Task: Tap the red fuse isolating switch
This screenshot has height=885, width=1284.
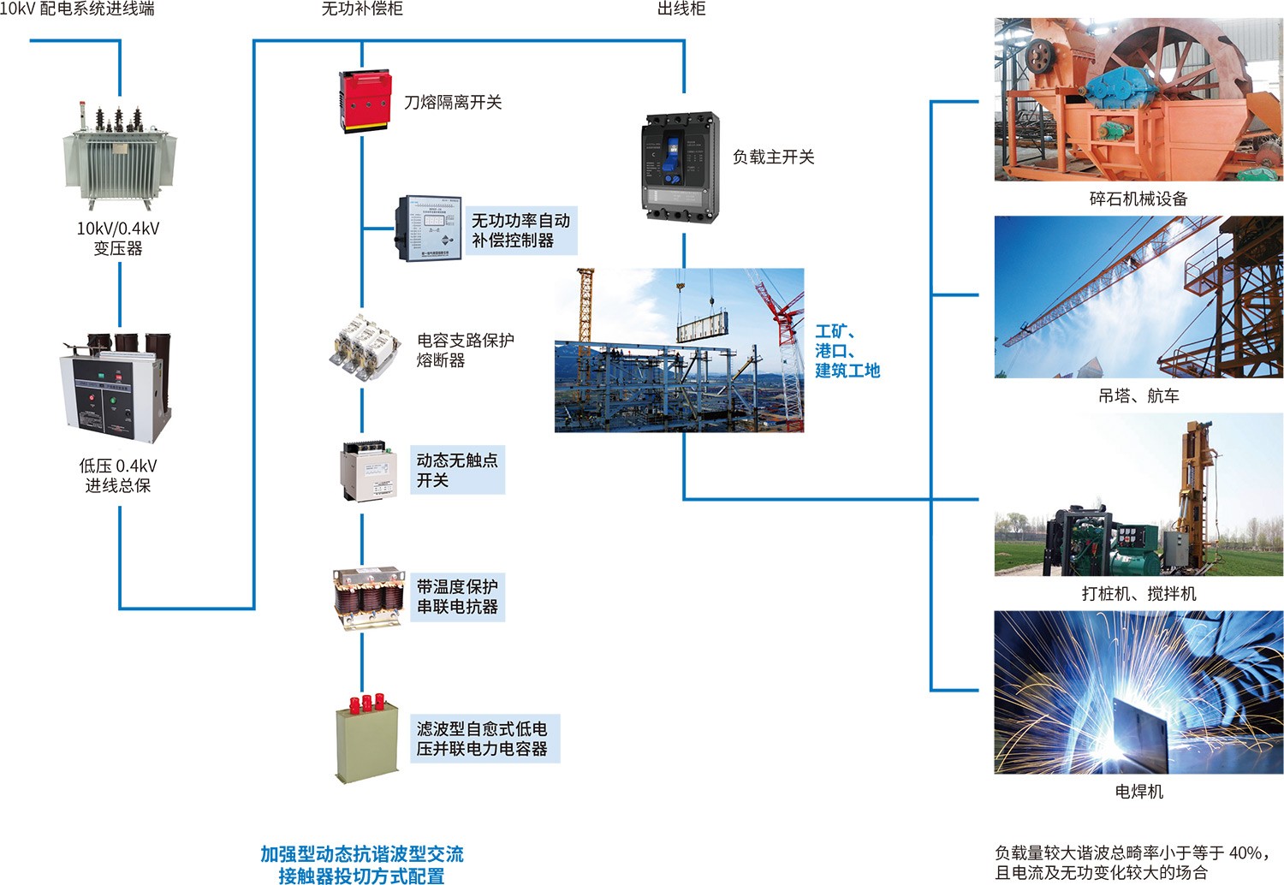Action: (365, 100)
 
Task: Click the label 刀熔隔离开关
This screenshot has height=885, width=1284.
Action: (453, 103)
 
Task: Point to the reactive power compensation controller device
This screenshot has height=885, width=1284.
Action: (428, 229)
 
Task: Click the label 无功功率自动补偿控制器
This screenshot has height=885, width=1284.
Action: (520, 230)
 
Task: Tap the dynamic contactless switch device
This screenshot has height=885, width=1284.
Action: (368, 472)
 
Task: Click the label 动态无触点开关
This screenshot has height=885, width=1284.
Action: (456, 470)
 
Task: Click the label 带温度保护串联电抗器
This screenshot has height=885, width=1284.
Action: (457, 597)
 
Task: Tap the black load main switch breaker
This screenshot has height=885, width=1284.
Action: (680, 167)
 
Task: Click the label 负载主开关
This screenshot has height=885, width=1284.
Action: (773, 157)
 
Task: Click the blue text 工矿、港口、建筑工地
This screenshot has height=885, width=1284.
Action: (847, 351)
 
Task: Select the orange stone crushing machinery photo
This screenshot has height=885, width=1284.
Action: (1138, 99)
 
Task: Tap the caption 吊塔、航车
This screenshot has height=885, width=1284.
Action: (1138, 396)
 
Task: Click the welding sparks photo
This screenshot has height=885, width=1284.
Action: (1138, 692)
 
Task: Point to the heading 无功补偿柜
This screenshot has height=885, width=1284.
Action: (361, 9)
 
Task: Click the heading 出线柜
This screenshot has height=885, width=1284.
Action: (681, 9)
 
